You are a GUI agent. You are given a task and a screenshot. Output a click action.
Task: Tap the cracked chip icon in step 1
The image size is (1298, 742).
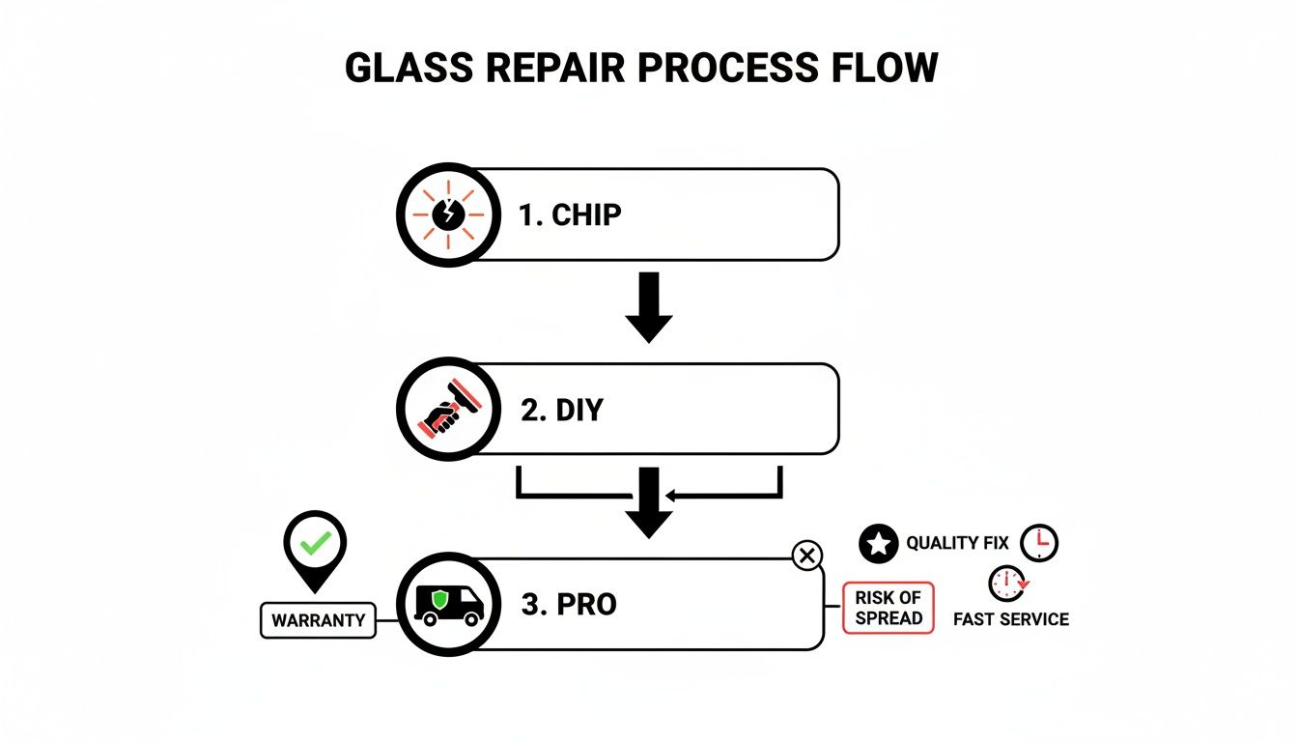tap(447, 214)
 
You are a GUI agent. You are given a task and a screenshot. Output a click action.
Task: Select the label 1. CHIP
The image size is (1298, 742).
tap(570, 215)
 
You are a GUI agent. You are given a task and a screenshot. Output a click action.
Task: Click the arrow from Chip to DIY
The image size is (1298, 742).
tap(649, 306)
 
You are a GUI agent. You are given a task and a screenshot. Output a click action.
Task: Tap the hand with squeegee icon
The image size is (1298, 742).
tap(447, 410)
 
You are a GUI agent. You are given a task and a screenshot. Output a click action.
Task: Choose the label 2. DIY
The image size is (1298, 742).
tap(561, 410)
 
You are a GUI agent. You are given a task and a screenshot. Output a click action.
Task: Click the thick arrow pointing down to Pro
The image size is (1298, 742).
tap(649, 502)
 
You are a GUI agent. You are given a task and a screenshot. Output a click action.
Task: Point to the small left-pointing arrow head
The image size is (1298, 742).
tap(674, 497)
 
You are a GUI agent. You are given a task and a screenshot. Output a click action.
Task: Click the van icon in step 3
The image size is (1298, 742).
tap(448, 605)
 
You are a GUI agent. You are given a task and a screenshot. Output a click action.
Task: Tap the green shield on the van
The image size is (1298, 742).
tap(439, 601)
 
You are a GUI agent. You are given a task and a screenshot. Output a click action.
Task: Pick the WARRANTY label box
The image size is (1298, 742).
tap(318, 620)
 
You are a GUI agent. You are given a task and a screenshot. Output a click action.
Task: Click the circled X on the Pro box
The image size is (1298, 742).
tap(806, 556)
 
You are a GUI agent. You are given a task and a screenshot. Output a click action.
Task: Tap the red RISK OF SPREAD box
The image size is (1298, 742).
tap(889, 608)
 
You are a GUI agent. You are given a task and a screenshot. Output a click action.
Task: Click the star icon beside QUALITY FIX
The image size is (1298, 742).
tap(877, 544)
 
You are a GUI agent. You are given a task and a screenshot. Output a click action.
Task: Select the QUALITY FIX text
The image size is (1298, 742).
tap(957, 544)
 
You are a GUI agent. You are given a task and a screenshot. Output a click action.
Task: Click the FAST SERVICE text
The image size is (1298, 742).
tap(1010, 619)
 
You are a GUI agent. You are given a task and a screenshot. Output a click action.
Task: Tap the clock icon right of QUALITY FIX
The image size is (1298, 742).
tap(1039, 543)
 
